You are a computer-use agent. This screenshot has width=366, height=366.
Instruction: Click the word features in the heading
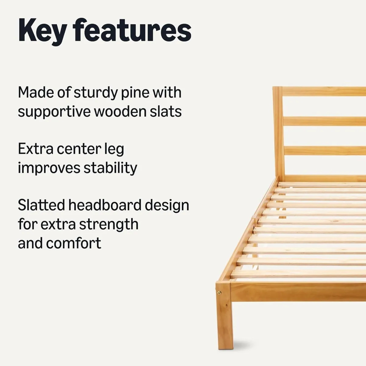(132, 30)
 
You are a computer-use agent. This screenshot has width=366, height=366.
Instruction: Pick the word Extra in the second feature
(36, 149)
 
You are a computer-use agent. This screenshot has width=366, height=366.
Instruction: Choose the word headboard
(105, 205)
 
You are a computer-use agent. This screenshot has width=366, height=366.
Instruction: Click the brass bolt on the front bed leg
(220, 293)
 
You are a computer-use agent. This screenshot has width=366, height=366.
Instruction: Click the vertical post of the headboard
(278, 131)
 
